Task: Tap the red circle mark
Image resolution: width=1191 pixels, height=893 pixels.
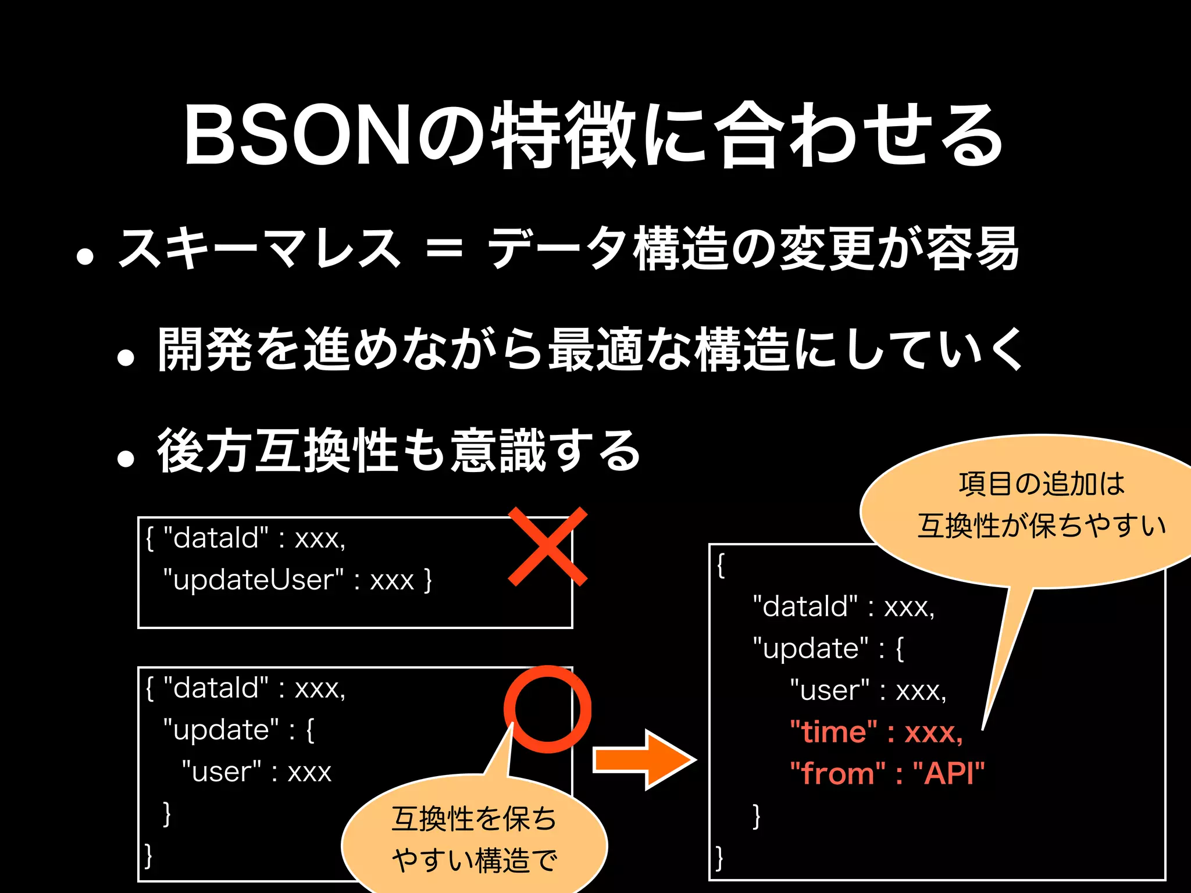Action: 547,709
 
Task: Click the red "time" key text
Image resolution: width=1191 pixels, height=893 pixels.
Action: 834,732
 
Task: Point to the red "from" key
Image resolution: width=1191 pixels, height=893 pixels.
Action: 837,774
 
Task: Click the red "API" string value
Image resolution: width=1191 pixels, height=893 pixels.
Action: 948,774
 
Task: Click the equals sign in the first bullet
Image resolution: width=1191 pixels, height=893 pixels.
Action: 444,250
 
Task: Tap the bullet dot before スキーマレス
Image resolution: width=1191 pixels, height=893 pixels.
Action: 85,256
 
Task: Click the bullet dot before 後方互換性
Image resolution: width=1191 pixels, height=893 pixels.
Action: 126,458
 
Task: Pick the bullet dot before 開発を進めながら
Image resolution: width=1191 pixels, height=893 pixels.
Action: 126,357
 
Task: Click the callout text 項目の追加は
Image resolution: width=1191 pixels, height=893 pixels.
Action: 1042,484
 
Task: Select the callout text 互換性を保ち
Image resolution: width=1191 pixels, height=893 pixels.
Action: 474,819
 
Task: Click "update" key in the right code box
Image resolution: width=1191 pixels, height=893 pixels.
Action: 811,648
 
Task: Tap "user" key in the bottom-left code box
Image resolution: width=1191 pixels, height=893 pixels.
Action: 222,772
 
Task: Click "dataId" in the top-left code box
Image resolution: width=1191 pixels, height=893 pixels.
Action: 216,538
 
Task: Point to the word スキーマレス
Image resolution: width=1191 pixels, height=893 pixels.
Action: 259,249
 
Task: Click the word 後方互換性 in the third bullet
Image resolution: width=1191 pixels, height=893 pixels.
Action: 277,451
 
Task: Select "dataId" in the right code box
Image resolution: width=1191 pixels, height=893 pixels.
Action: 805,606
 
